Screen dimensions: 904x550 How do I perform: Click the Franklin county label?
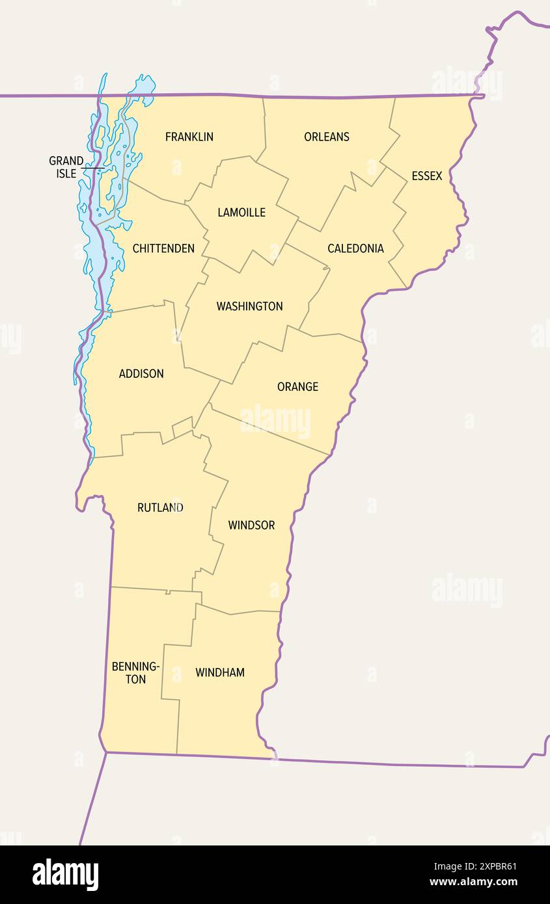[189, 137]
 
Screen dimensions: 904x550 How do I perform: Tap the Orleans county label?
[326, 137]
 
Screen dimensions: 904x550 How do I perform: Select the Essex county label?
[426, 176]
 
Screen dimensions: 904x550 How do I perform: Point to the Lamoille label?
[241, 212]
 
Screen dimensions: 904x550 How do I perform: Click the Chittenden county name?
[163, 248]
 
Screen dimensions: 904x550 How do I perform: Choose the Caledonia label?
[355, 248]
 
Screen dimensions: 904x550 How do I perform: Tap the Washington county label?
[249, 306]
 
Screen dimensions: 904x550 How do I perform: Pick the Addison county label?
[141, 373]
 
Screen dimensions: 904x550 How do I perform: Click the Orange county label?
[297, 386]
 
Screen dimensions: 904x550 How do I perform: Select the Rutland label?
[160, 507]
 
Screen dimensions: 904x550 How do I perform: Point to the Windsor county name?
[251, 525]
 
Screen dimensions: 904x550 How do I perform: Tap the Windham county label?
[220, 672]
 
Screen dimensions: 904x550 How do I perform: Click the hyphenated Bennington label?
[135, 672]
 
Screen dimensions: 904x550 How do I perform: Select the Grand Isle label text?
[66, 167]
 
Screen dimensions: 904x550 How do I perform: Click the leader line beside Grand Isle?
[92, 168]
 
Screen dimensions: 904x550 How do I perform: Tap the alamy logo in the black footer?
[65, 875]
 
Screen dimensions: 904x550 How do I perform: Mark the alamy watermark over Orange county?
[275, 421]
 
